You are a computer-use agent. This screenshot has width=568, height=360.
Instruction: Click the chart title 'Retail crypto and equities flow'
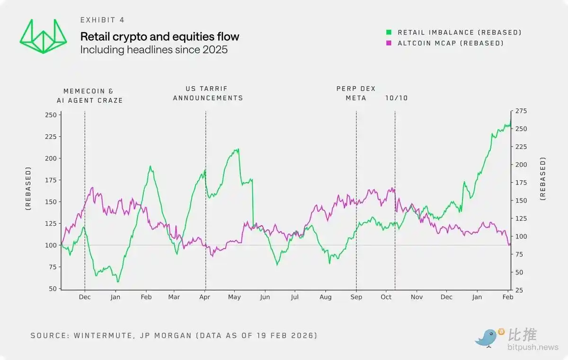pyautogui.click(x=160, y=36)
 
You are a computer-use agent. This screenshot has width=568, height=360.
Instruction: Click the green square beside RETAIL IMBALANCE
pyautogui.click(x=389, y=33)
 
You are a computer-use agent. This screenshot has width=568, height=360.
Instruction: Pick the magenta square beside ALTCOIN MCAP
pyautogui.click(x=389, y=43)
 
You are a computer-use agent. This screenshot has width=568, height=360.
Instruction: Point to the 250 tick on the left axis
pyautogui.click(x=50, y=115)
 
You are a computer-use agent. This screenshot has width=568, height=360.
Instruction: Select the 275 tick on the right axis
pyautogui.click(x=521, y=111)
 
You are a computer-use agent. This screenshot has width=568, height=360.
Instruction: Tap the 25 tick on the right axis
pyautogui.click(x=519, y=290)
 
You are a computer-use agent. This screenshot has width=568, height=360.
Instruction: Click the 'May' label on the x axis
pyautogui.click(x=234, y=297)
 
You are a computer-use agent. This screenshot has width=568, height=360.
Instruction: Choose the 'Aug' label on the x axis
pyautogui.click(x=325, y=297)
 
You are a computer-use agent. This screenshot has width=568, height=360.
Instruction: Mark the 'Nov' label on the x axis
pyautogui.click(x=417, y=297)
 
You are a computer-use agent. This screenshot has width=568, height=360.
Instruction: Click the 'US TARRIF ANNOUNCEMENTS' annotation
pyautogui.click(x=208, y=93)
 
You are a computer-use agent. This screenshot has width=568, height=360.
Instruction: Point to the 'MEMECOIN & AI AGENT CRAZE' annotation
pyautogui.click(x=93, y=96)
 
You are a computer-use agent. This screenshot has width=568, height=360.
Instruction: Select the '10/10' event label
pyautogui.click(x=396, y=98)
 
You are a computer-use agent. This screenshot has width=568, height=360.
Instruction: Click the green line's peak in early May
pyautogui.click(x=238, y=149)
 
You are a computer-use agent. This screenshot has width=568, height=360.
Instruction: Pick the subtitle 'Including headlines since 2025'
pyautogui.click(x=154, y=49)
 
